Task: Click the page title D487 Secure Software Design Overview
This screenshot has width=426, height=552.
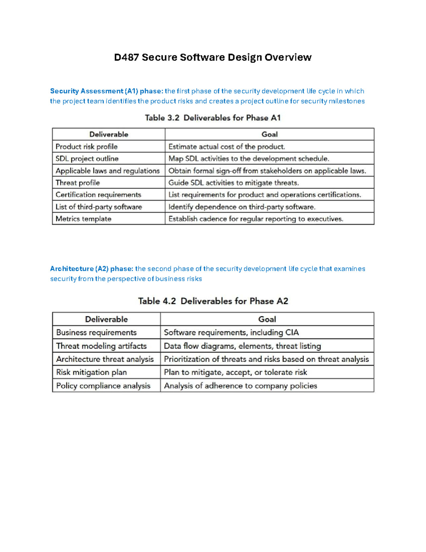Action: click(x=213, y=57)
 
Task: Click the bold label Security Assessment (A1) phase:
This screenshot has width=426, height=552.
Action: click(x=106, y=91)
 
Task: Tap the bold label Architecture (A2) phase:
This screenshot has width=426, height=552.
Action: click(x=92, y=269)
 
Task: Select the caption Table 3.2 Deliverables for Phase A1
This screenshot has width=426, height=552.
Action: click(x=213, y=118)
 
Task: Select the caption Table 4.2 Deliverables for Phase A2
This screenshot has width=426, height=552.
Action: click(x=213, y=301)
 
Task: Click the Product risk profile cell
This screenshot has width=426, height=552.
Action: click(x=87, y=146)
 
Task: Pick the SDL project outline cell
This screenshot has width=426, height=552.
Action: click(x=87, y=159)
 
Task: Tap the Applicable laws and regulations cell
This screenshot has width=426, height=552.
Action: click(x=108, y=171)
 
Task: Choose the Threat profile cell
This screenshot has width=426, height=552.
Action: click(x=78, y=183)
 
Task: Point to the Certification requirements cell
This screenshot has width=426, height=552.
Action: click(x=98, y=195)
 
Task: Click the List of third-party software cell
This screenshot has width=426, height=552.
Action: click(x=99, y=207)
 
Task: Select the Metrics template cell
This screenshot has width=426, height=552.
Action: click(x=83, y=219)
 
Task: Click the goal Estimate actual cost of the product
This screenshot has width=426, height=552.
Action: click(x=227, y=146)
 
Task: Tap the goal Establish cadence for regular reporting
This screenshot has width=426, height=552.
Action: click(x=256, y=219)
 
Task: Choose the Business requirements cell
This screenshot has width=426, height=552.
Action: click(x=96, y=332)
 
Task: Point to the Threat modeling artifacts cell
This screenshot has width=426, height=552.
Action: click(x=101, y=346)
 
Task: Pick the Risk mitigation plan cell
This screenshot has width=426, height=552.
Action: click(x=91, y=372)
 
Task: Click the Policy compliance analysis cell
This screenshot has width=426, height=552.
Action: click(x=103, y=386)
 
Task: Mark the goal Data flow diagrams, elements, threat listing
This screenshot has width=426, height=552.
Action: click(x=242, y=346)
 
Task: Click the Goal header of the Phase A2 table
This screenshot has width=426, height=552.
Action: click(x=267, y=319)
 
